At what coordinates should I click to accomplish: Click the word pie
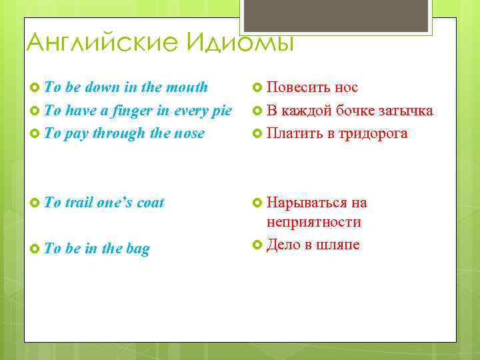[221, 111]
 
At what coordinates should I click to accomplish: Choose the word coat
[150, 203]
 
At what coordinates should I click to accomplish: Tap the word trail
[79, 203]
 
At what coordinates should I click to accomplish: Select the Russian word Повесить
[297, 87]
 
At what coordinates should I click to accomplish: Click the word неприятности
[313, 222]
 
